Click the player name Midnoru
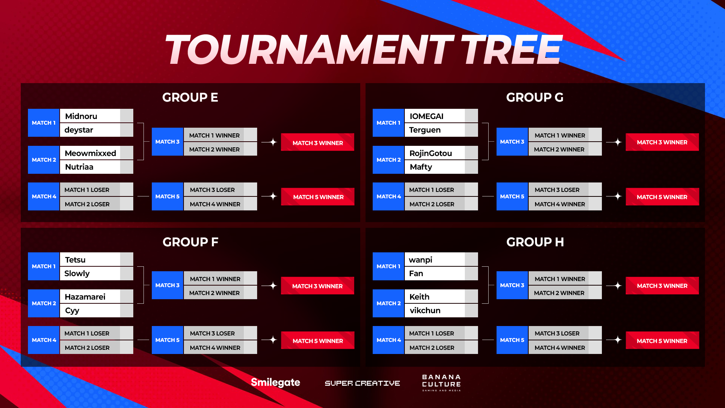(x=81, y=116)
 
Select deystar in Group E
(x=79, y=130)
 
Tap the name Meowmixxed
(x=91, y=153)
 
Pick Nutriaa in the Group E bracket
(x=79, y=167)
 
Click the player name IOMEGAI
(x=426, y=116)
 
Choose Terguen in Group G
(x=425, y=130)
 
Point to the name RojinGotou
(x=431, y=153)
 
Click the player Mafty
(x=421, y=167)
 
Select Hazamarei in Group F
(x=85, y=297)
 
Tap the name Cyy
(x=72, y=311)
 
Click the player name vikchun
(x=425, y=310)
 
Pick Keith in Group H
(x=420, y=297)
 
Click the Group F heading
(x=190, y=242)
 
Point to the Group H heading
(x=535, y=242)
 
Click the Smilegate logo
(x=275, y=383)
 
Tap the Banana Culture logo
(x=441, y=383)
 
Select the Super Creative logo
(x=362, y=383)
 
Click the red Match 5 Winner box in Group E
(x=318, y=196)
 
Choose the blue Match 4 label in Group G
(x=389, y=196)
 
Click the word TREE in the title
(x=511, y=49)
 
